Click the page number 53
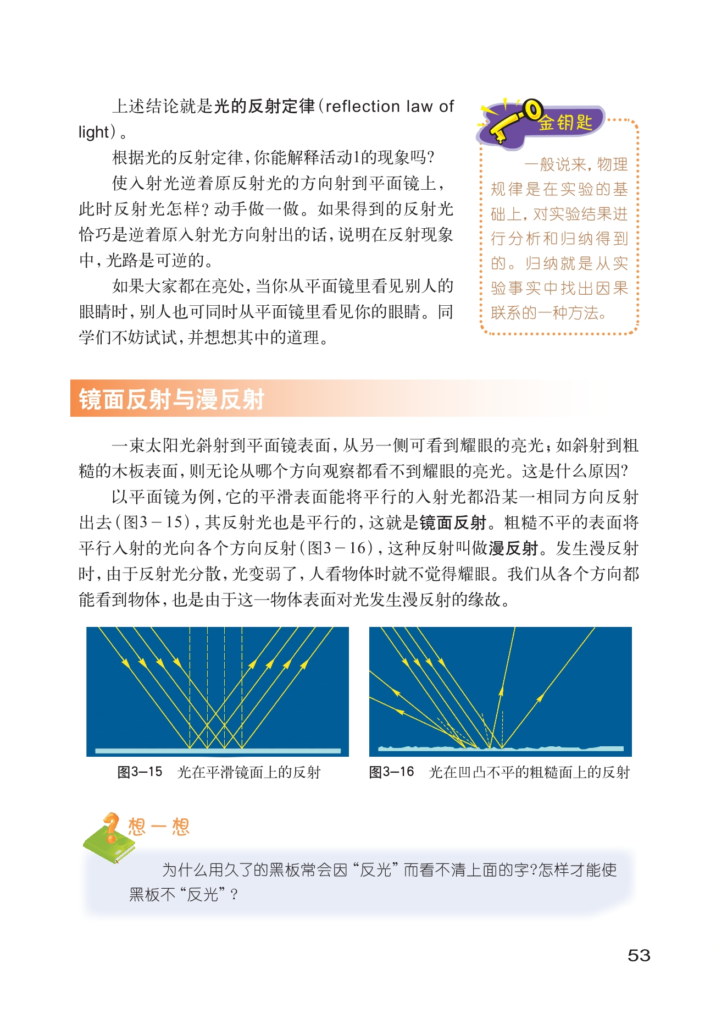coord(639,955)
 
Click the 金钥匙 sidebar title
coord(565,122)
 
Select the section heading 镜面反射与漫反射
coord(171,399)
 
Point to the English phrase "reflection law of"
coord(390,106)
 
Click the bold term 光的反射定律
coord(264,106)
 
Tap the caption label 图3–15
coord(140,772)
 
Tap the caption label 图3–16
coord(391,772)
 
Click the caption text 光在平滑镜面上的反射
coord(249,772)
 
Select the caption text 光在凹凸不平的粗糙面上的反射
coord(529,772)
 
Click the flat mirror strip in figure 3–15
coord(218,751)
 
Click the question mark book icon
coord(109,837)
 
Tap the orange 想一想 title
coord(159,827)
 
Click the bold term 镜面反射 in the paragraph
coord(453,522)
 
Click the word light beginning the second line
coord(94,132)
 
